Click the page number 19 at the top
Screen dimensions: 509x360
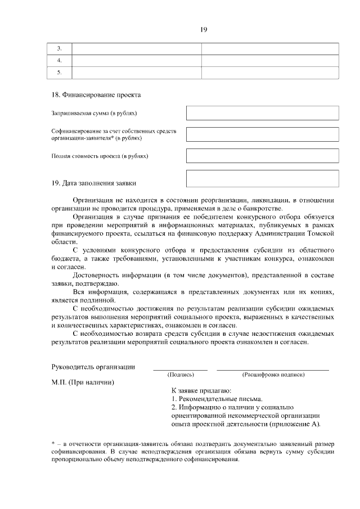click(204, 30)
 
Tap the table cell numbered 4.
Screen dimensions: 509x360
click(59, 60)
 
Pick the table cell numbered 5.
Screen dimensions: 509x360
click(59, 72)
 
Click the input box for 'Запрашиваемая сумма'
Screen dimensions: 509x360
click(262, 112)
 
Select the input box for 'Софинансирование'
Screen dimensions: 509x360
click(262, 134)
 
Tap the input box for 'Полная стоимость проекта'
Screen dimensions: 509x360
click(262, 155)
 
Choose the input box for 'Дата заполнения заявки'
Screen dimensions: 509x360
click(262, 178)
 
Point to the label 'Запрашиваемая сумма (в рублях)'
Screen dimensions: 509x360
click(94, 113)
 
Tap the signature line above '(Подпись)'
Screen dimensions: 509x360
click(181, 369)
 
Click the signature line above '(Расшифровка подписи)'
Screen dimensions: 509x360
click(273, 369)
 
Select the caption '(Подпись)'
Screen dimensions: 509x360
click(181, 374)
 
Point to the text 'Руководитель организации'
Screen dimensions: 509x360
click(93, 367)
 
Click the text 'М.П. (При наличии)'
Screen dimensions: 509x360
click(82, 382)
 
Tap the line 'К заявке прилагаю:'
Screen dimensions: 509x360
click(201, 390)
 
